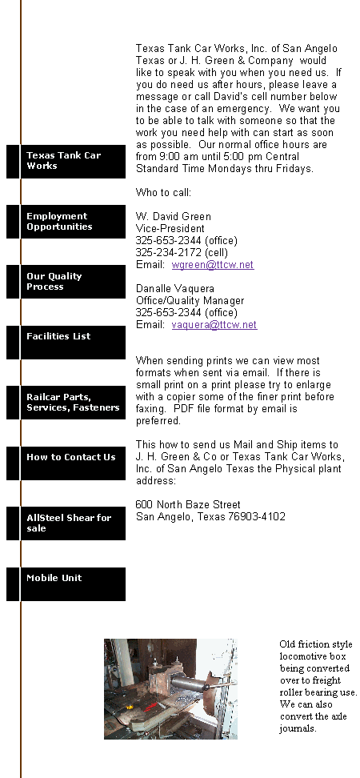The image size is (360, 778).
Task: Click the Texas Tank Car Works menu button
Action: tap(66, 161)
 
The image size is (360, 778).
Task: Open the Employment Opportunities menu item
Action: tap(66, 221)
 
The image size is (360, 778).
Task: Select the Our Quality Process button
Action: tap(66, 281)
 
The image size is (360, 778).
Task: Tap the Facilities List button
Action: tap(66, 343)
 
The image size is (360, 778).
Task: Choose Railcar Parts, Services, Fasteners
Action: tap(66, 403)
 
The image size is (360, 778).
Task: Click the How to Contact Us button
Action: tap(66, 463)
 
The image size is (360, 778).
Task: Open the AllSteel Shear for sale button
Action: tap(66, 523)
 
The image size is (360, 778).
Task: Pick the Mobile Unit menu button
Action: tap(66, 584)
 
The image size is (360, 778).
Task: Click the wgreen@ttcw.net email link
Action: tap(213, 265)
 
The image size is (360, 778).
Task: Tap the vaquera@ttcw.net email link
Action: tap(214, 325)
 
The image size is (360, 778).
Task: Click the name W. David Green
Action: tap(174, 217)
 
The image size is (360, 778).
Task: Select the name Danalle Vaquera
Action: tap(175, 289)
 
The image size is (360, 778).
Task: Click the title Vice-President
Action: tap(170, 229)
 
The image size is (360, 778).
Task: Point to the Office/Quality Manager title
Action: tap(190, 301)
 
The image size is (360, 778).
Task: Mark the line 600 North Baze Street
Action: tap(188, 505)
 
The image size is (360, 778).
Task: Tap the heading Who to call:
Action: tap(163, 193)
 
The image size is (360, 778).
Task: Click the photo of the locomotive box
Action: tap(170, 689)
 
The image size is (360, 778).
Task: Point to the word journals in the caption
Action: tap(298, 729)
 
